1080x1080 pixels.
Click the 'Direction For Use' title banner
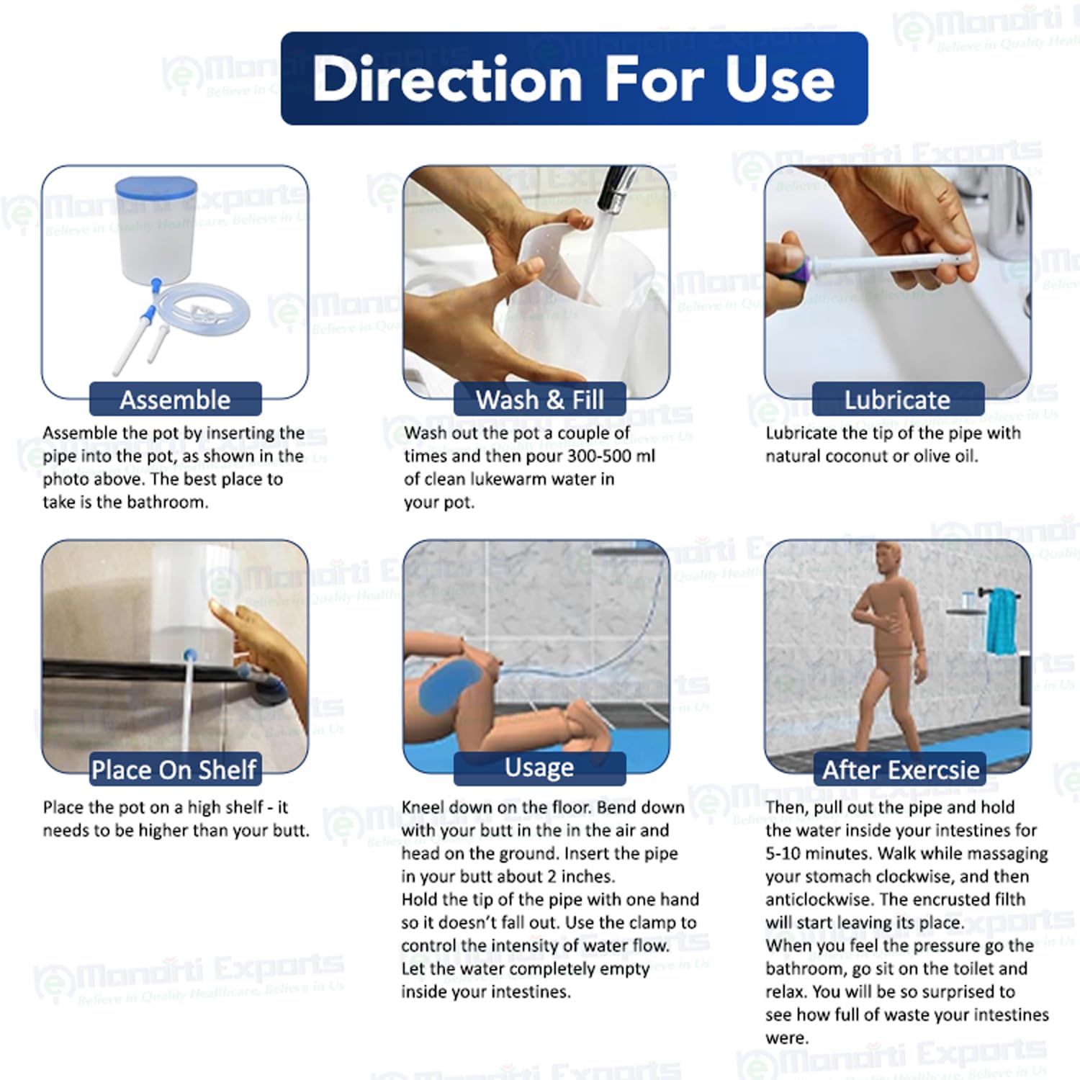tap(574, 78)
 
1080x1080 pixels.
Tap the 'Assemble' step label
tap(175, 400)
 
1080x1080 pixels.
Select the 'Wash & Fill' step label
tap(539, 400)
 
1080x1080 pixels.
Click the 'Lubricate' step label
tap(897, 400)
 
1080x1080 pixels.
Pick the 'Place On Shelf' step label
tap(174, 770)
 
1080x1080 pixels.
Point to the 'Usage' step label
tap(539, 768)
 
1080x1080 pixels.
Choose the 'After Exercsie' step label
tap(901, 770)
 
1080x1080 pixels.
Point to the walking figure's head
tap(891, 562)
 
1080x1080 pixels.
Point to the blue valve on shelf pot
tap(189, 656)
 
